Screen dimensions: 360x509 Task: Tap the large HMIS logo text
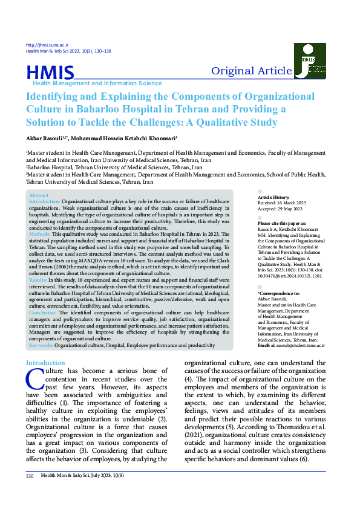tap(50, 73)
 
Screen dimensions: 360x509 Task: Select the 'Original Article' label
tap(251, 71)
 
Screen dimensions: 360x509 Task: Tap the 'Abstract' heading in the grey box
tap(39, 196)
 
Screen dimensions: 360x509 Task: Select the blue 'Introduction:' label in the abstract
tap(45, 201)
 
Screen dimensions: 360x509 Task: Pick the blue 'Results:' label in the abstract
tap(39, 280)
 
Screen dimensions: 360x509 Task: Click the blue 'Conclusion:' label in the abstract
tap(44, 313)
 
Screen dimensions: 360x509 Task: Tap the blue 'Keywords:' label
tap(41, 345)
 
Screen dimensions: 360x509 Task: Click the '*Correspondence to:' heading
tap(278, 293)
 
